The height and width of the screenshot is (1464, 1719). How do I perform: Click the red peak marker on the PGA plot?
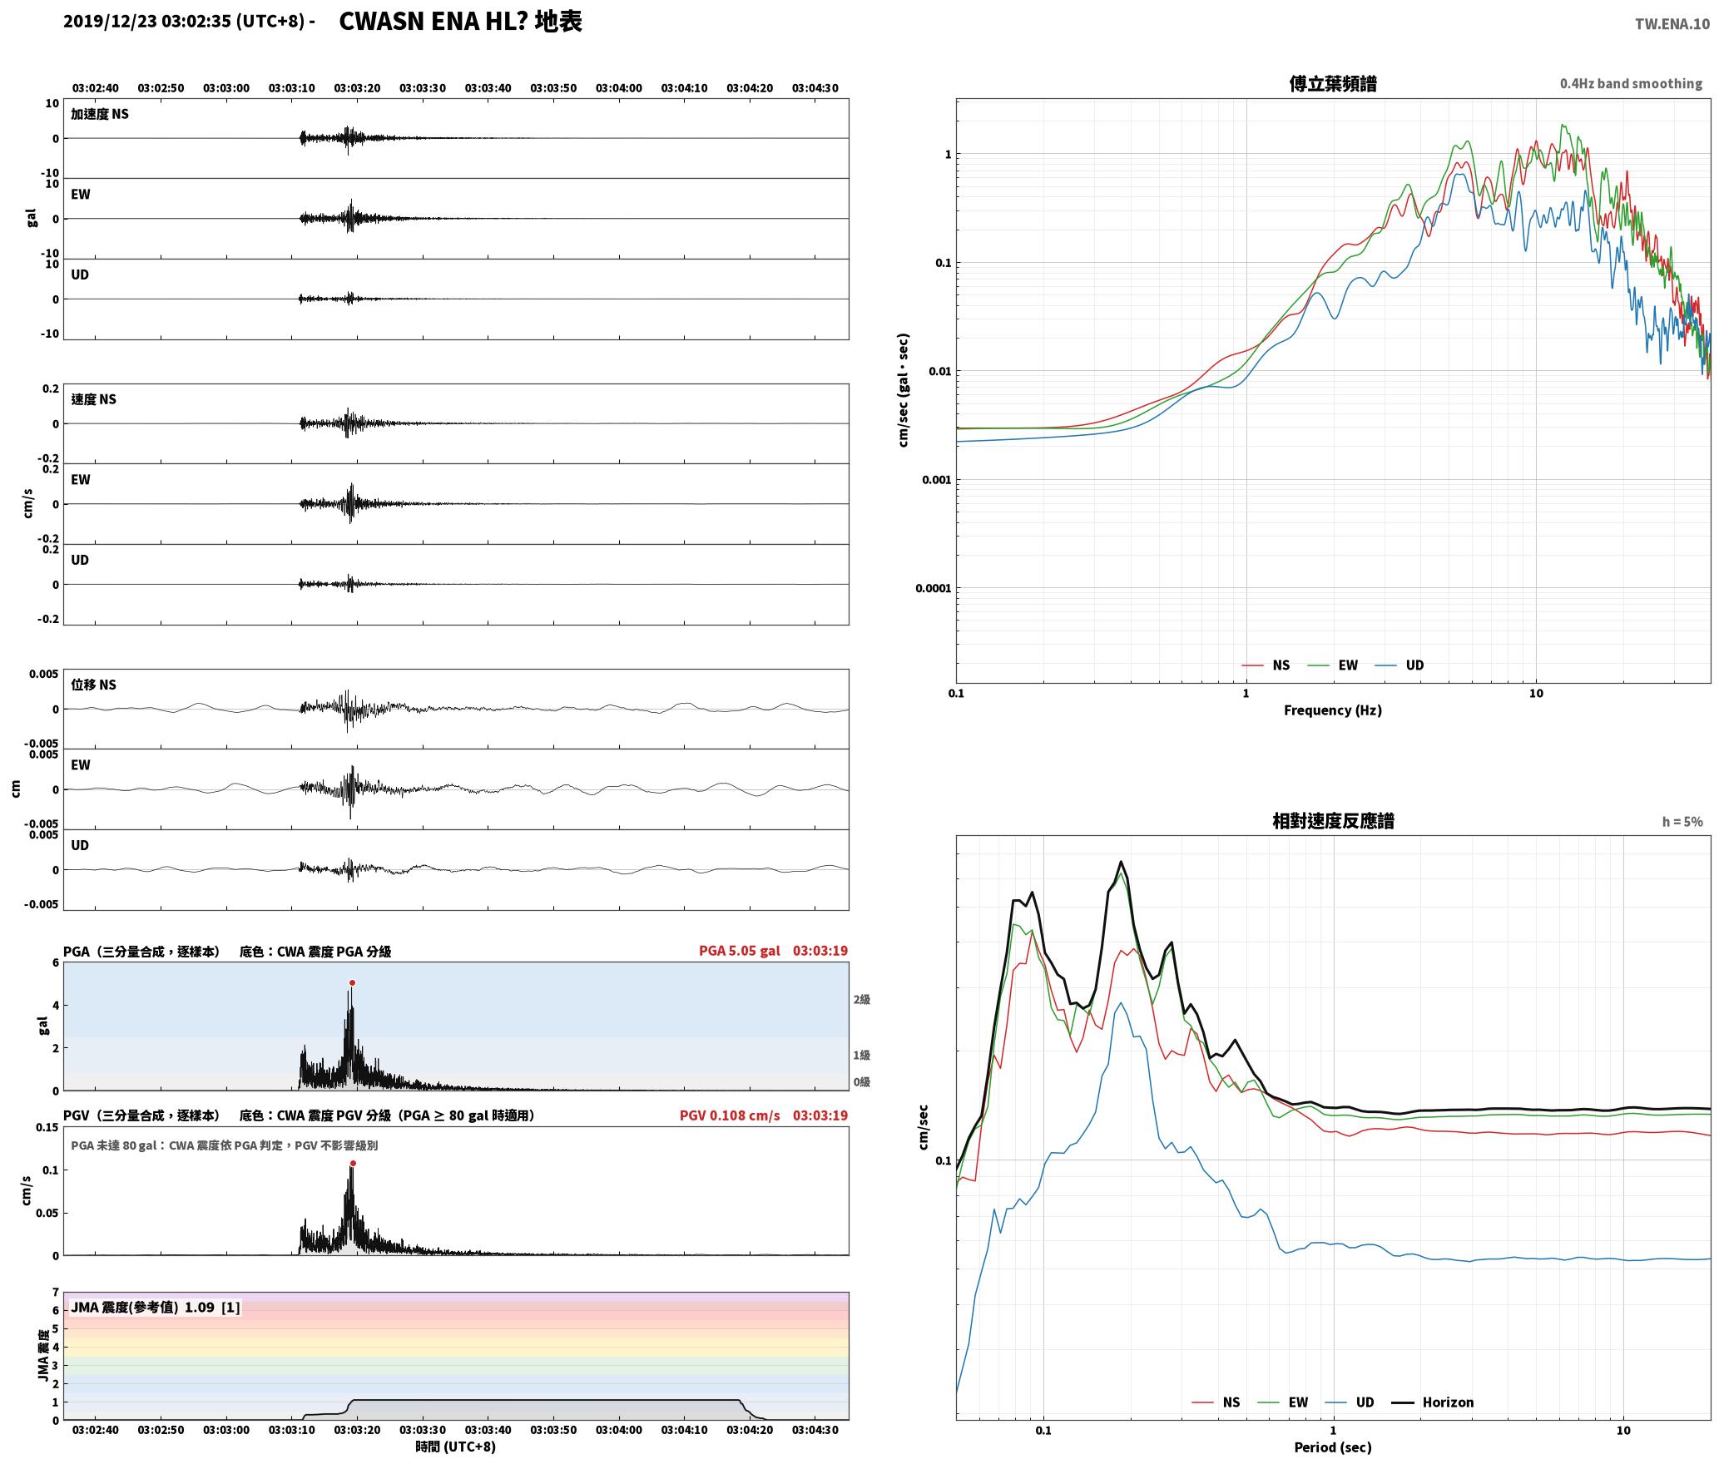click(352, 982)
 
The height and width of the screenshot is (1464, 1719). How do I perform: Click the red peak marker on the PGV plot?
click(353, 1163)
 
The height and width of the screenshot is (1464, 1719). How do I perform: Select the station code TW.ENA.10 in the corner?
click(1672, 24)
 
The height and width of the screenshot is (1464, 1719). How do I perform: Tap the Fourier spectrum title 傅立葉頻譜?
click(1332, 84)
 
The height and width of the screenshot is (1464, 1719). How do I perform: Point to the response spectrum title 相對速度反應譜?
click(1333, 821)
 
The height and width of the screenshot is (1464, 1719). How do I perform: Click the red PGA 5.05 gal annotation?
click(740, 951)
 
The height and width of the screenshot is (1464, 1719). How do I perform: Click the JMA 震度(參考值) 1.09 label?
click(156, 1307)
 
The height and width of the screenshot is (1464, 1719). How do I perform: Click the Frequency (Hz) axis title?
click(1332, 710)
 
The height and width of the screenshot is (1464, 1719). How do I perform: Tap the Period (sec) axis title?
click(1332, 1447)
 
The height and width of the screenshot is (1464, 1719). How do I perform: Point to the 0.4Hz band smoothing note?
click(1631, 84)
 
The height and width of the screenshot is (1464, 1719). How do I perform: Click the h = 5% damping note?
click(1682, 822)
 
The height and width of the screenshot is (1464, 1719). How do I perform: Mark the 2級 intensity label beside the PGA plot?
click(861, 999)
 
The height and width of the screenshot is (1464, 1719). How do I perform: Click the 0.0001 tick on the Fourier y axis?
click(933, 588)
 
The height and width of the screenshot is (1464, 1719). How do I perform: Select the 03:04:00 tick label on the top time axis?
click(618, 88)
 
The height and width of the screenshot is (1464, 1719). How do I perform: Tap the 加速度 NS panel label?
click(100, 114)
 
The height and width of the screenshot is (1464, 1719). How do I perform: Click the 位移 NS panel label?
click(93, 685)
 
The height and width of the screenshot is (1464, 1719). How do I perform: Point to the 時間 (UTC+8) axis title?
click(455, 1447)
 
